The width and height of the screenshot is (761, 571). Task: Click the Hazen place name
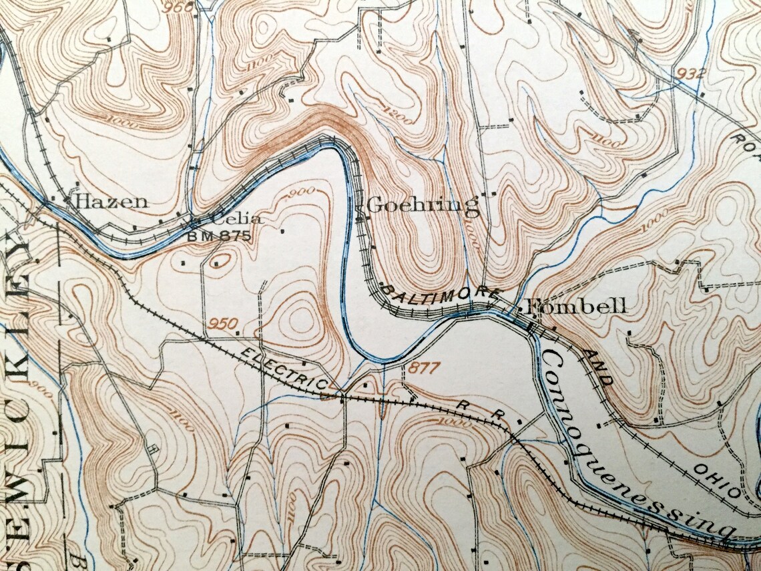[111, 201]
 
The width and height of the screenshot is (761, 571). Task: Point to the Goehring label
[423, 204]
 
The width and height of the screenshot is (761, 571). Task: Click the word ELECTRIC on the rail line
[284, 367]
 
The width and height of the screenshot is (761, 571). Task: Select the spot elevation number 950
[222, 325]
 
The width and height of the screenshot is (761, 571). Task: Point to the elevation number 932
[690, 73]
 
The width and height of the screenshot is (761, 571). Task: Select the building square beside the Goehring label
[359, 217]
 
